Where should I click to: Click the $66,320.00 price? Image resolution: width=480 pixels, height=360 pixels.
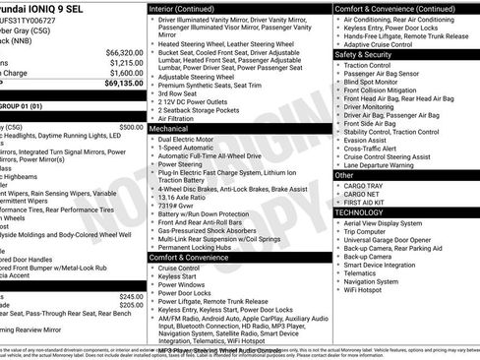(x=124, y=52)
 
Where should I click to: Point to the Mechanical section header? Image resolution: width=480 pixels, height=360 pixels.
(x=169, y=128)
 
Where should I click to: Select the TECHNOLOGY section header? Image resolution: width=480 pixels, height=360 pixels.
(x=359, y=211)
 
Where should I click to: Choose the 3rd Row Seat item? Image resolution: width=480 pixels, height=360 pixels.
(x=182, y=93)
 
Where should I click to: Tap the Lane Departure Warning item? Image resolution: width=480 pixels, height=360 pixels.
(x=385, y=165)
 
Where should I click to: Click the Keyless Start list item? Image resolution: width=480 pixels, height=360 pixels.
(x=178, y=276)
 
